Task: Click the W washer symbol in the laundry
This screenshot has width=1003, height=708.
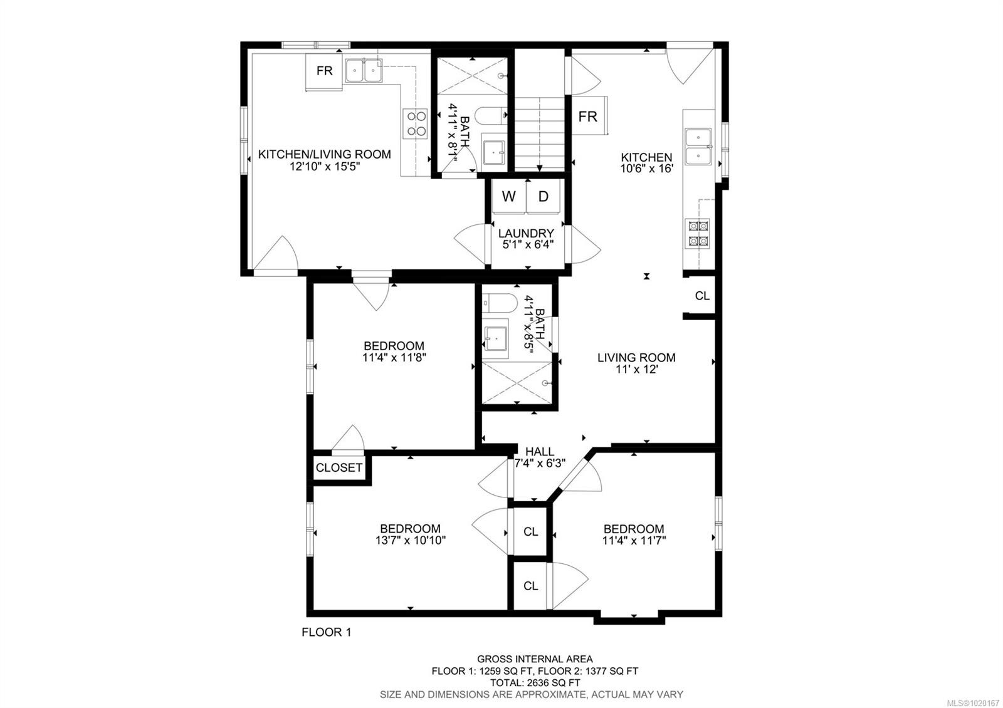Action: (508, 197)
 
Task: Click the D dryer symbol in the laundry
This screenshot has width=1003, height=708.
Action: (544, 197)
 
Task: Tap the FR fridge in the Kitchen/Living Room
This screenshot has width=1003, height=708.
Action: (324, 71)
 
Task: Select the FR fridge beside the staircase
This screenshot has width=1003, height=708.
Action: (587, 117)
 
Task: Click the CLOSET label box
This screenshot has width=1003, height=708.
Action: (339, 467)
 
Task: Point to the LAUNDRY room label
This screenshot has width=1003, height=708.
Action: (526, 234)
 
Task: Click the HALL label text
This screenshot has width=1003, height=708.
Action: (539, 451)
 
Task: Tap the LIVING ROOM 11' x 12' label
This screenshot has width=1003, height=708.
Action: (636, 363)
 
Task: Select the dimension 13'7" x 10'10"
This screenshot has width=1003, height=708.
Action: (410, 540)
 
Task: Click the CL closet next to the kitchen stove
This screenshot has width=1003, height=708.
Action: (702, 296)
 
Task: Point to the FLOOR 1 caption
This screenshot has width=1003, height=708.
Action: (326, 632)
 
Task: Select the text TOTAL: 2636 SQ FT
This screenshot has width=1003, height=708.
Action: (535, 682)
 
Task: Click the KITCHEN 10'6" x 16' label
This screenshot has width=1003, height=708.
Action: (646, 163)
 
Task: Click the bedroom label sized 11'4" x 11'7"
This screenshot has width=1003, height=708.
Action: (633, 534)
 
